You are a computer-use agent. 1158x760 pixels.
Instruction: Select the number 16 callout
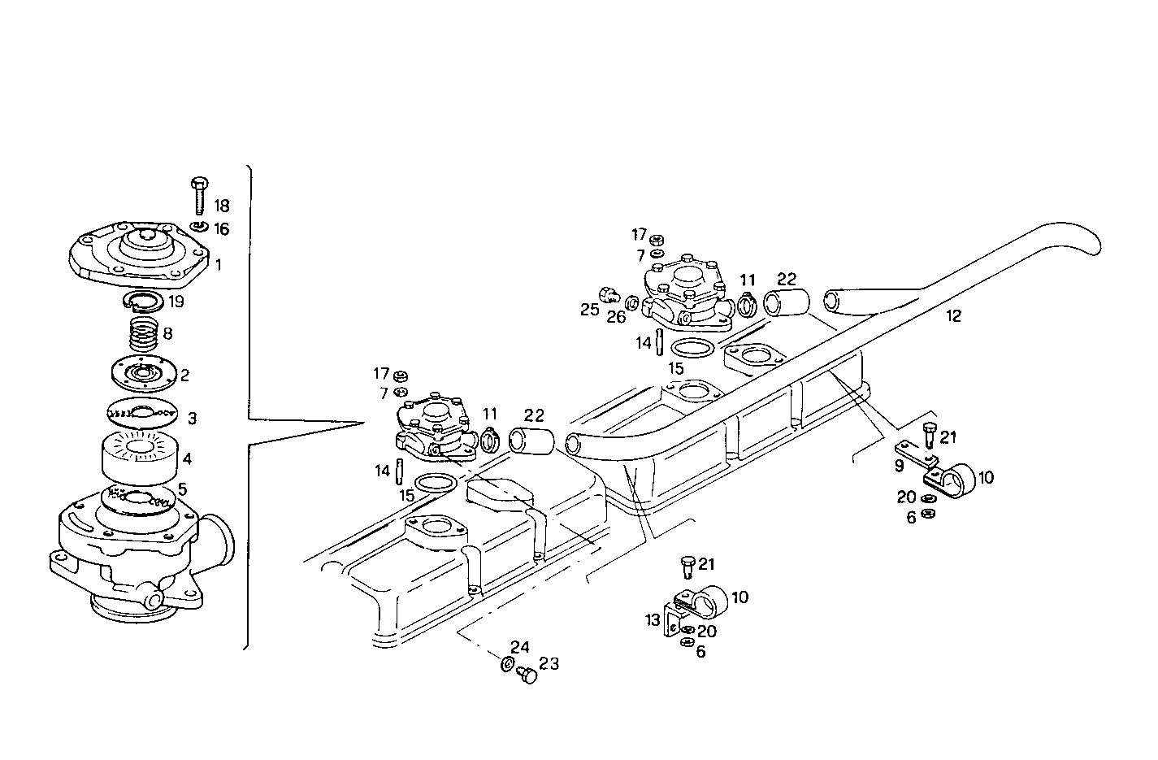221,229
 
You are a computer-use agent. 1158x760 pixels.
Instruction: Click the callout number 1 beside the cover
218,265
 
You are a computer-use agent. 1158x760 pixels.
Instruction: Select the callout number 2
185,375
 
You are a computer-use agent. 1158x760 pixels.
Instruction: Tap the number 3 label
192,419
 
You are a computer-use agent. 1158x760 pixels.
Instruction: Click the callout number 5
183,489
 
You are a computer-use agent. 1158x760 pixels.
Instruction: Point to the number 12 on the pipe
953,316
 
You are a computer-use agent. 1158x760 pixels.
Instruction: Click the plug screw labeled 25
606,294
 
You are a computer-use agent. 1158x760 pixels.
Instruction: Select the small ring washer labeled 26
631,304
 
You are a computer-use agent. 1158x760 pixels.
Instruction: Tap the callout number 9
899,467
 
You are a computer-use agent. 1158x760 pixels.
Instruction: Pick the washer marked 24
507,666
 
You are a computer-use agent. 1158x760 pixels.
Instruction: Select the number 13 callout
653,621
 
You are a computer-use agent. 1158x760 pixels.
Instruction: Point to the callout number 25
589,309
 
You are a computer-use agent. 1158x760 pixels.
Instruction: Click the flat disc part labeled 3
141,414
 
